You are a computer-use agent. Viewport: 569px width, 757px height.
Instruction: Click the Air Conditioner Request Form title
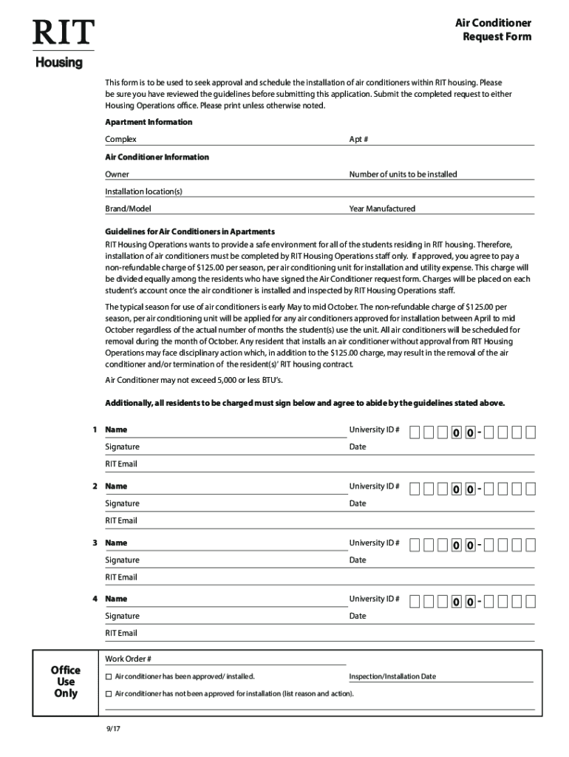493,30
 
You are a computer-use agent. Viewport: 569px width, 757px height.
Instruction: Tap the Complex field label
120,139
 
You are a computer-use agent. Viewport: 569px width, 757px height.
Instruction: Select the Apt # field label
358,139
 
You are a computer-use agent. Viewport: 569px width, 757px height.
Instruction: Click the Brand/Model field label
128,208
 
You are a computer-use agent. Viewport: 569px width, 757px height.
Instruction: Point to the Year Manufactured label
382,208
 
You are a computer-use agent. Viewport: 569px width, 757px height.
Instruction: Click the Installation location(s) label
143,191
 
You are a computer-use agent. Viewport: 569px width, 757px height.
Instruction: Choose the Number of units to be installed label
403,174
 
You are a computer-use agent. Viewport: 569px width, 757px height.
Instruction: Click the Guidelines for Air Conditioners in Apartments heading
190,231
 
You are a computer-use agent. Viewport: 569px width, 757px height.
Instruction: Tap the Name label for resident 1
116,430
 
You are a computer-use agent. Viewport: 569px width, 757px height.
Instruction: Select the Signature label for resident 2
122,503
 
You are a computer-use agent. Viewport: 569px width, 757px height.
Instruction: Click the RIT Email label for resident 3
121,577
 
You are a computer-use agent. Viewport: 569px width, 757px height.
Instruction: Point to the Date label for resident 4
358,616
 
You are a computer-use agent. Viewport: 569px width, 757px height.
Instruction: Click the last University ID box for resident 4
531,601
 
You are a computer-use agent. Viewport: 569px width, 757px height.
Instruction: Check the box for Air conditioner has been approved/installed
109,676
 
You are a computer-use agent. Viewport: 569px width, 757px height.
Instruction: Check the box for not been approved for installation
109,694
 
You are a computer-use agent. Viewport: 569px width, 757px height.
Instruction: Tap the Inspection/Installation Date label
392,676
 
